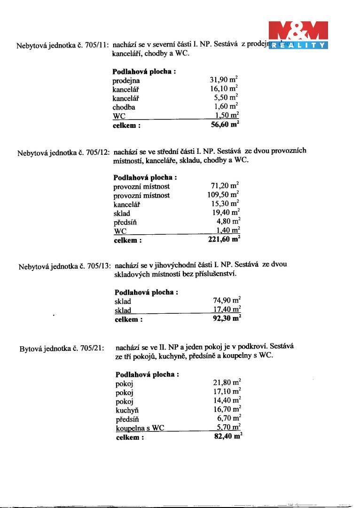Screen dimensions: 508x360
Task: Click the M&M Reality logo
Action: (297, 36)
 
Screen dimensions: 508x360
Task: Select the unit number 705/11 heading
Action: (63, 46)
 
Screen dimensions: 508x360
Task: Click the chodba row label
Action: (124, 107)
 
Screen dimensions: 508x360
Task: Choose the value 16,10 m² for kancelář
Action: (224, 89)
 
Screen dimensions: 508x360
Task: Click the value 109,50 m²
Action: (223, 195)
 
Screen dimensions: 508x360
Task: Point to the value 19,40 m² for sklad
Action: (226, 213)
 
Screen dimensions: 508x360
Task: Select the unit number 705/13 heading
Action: (65, 267)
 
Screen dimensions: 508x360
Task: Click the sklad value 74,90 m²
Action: (227, 301)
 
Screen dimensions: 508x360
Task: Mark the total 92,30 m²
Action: (227, 319)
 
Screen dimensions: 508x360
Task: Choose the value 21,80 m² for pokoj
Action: (227, 383)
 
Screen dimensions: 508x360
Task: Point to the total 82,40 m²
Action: (227, 437)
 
